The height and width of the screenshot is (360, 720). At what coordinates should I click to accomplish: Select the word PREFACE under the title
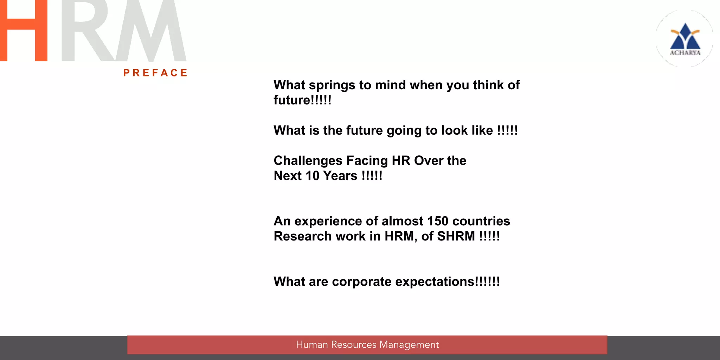(x=155, y=73)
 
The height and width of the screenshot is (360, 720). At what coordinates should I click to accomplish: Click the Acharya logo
(x=685, y=39)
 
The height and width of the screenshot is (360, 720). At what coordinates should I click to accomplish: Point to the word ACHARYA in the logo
(x=685, y=53)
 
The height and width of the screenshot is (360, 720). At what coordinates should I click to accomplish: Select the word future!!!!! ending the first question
(x=302, y=100)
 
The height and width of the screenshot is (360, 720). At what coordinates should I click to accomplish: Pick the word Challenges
(x=308, y=161)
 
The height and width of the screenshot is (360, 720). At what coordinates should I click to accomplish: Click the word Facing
(x=367, y=161)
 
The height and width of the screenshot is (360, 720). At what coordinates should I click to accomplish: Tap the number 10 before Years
(x=312, y=176)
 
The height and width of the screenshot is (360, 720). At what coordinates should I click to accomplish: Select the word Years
(x=340, y=176)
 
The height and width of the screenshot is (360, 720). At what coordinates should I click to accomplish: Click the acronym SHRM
(x=456, y=236)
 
